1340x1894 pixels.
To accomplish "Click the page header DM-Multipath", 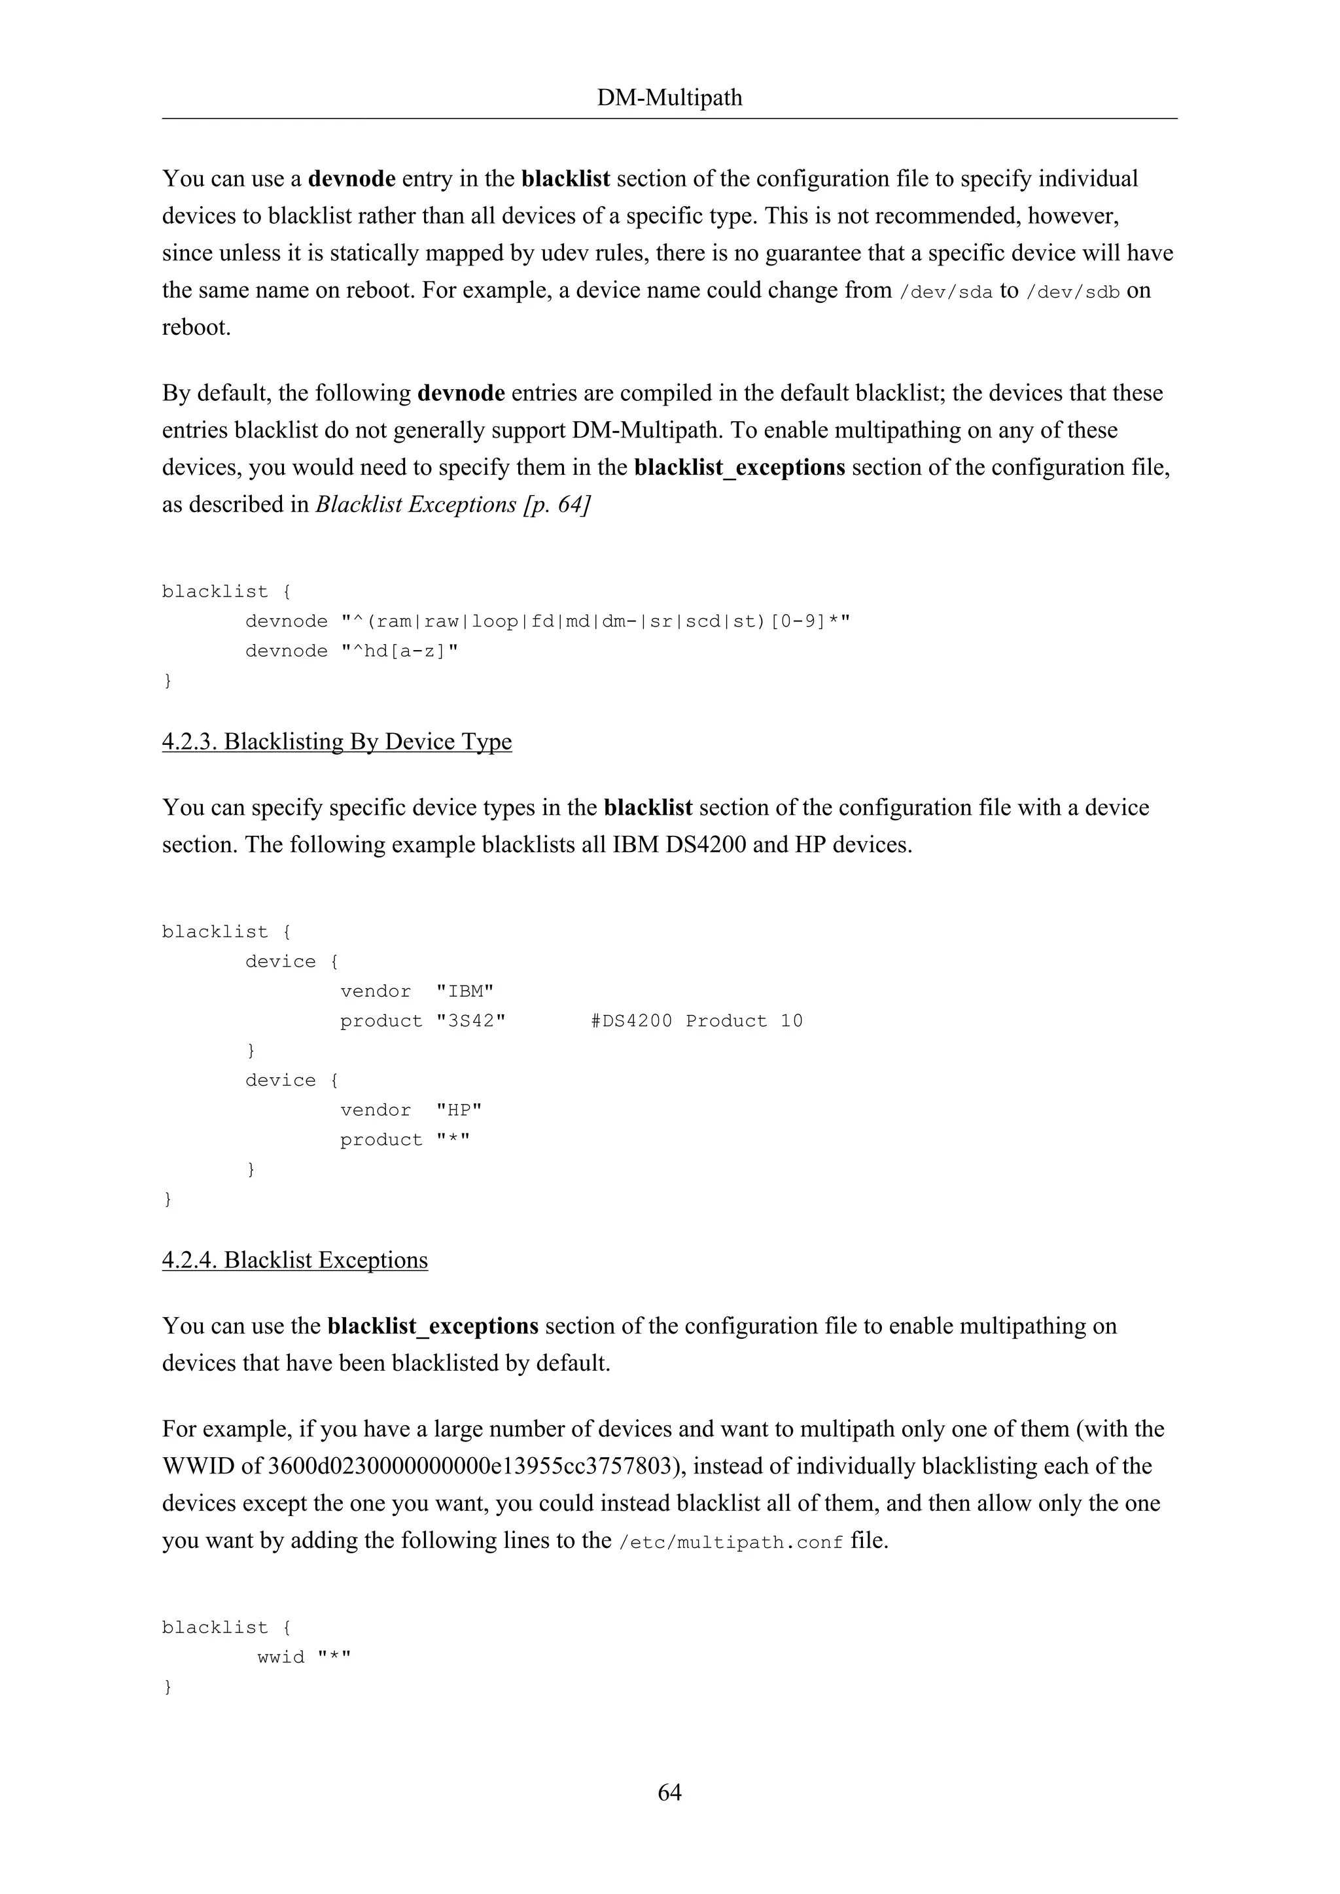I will [x=669, y=98].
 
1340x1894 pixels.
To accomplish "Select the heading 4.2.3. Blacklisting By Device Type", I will [x=337, y=742].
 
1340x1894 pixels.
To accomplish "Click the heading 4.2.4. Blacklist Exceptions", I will [x=294, y=1260].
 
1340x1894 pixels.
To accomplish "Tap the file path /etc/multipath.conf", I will [x=730, y=1541].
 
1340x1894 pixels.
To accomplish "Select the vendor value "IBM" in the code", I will [x=465, y=991].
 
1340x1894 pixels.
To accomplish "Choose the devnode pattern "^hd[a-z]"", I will [x=399, y=651].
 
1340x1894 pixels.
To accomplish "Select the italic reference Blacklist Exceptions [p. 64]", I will [x=452, y=505].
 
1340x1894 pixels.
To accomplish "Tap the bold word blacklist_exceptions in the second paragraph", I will [x=739, y=468].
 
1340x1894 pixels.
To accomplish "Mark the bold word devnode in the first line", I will [x=351, y=179].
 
